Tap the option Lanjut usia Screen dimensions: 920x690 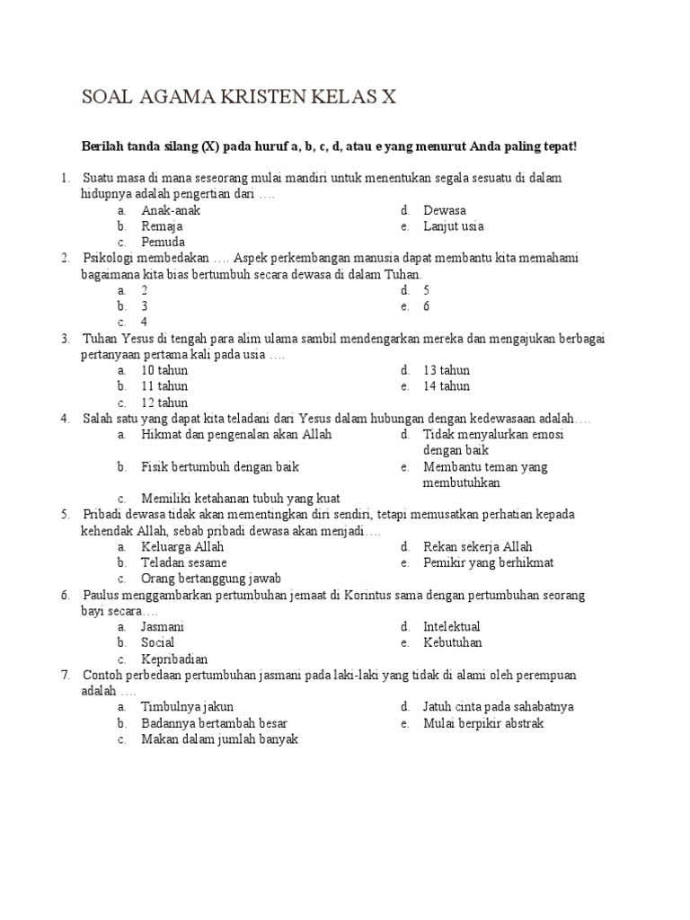pyautogui.click(x=453, y=226)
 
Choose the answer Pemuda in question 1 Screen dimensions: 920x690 pyautogui.click(x=163, y=243)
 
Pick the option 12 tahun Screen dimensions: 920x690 pyautogui.click(x=164, y=402)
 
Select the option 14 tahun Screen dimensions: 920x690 pyautogui.click(x=447, y=386)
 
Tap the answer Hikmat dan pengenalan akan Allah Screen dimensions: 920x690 pyautogui.click(x=236, y=434)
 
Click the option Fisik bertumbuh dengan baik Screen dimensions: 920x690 pyautogui.click(x=220, y=466)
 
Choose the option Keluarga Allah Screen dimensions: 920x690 pyautogui.click(x=182, y=546)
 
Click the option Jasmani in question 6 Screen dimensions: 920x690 pyautogui.click(x=163, y=626)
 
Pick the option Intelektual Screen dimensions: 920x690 pyautogui.click(x=451, y=626)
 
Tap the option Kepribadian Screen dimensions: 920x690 pyautogui.click(x=174, y=659)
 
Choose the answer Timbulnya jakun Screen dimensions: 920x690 pyautogui.click(x=187, y=706)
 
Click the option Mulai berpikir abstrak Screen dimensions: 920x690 pyautogui.click(x=483, y=722)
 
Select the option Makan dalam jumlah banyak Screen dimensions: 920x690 pyautogui.click(x=219, y=739)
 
